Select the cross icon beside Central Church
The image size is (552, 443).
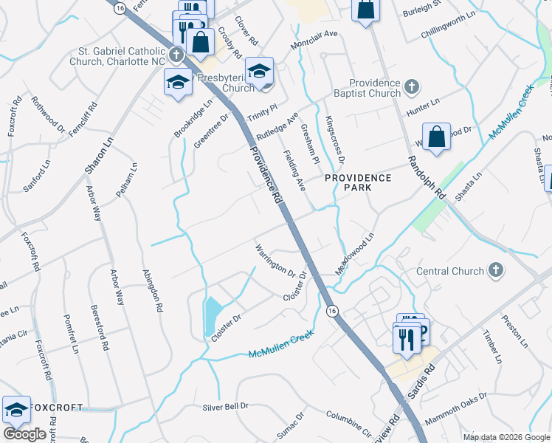click(496, 271)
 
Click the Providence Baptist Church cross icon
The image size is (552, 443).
click(413, 88)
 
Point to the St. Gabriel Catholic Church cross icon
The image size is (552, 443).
click(176, 55)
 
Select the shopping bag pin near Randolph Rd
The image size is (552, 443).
click(437, 137)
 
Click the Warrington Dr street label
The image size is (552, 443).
click(275, 259)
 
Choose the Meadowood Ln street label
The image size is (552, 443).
click(356, 253)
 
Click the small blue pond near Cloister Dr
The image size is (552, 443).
click(211, 313)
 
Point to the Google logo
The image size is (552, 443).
click(25, 435)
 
